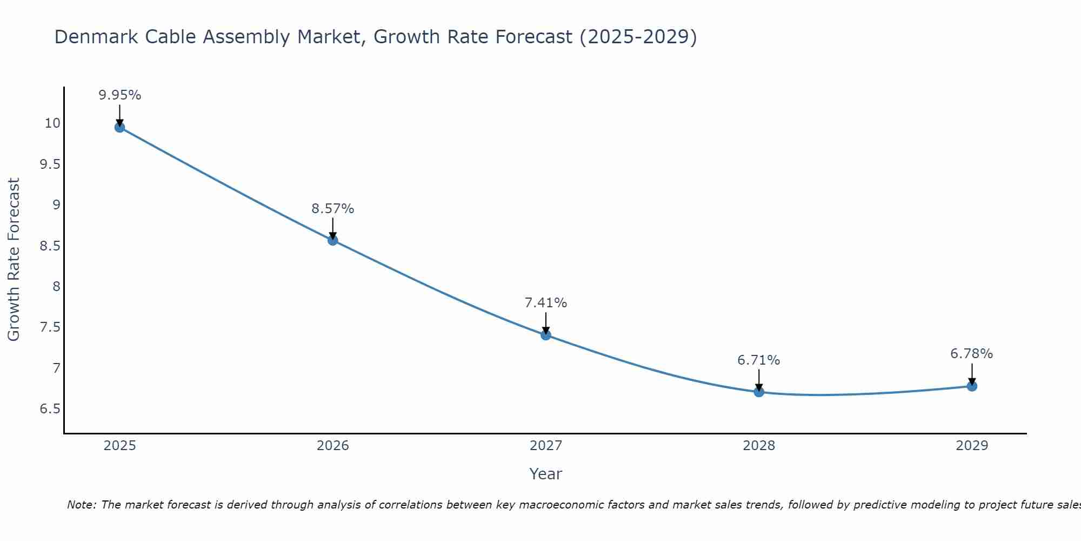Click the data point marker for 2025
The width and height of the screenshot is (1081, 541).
pyautogui.click(x=119, y=128)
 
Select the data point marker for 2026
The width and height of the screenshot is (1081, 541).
pyautogui.click(x=333, y=240)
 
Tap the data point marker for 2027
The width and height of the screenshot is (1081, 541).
pyautogui.click(x=546, y=335)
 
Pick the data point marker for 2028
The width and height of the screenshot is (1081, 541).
pyautogui.click(x=759, y=392)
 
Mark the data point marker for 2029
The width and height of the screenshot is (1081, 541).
pyautogui.click(x=972, y=386)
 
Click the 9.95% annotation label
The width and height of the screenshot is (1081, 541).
pyautogui.click(x=119, y=95)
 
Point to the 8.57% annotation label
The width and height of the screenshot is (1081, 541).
pyautogui.click(x=333, y=209)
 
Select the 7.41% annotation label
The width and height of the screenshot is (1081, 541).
pyautogui.click(x=546, y=303)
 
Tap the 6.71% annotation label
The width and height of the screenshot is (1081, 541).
pyautogui.click(x=759, y=360)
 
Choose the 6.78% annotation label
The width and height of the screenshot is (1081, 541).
pyautogui.click(x=972, y=354)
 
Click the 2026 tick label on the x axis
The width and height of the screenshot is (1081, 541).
pyautogui.click(x=333, y=446)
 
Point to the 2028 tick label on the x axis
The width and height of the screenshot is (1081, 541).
pyautogui.click(x=759, y=446)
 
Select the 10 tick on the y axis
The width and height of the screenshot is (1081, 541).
pyautogui.click(x=52, y=123)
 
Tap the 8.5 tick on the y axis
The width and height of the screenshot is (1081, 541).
pyautogui.click(x=50, y=246)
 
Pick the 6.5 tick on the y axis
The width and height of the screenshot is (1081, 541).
pyautogui.click(x=50, y=409)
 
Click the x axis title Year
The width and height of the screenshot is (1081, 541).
pyautogui.click(x=546, y=474)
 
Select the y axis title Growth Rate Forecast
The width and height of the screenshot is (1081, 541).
pyautogui.click(x=14, y=260)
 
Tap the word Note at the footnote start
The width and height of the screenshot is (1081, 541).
pyautogui.click(x=81, y=505)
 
